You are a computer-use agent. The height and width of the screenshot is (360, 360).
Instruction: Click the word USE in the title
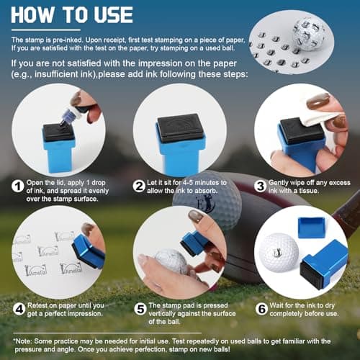[113, 15]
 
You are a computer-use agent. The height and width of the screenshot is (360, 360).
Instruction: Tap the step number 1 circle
[18, 186]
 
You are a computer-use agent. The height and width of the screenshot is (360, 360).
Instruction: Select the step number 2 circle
[139, 186]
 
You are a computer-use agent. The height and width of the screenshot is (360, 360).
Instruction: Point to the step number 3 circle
[261, 186]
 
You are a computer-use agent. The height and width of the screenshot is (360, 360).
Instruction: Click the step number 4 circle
[19, 309]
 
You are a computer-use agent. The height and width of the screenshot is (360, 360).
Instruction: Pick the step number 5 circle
[140, 309]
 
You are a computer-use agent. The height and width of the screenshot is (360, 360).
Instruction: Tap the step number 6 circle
[262, 309]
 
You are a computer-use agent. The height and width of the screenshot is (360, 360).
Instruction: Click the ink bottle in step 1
[73, 114]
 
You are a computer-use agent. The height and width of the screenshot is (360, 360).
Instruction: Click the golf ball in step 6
[279, 253]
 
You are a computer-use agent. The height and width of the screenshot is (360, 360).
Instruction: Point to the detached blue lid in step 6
[311, 227]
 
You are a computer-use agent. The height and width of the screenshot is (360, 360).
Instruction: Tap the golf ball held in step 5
[171, 261]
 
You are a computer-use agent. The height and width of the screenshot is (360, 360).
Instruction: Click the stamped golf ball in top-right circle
[309, 35]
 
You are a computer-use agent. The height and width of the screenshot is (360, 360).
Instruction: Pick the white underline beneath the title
[46, 30]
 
